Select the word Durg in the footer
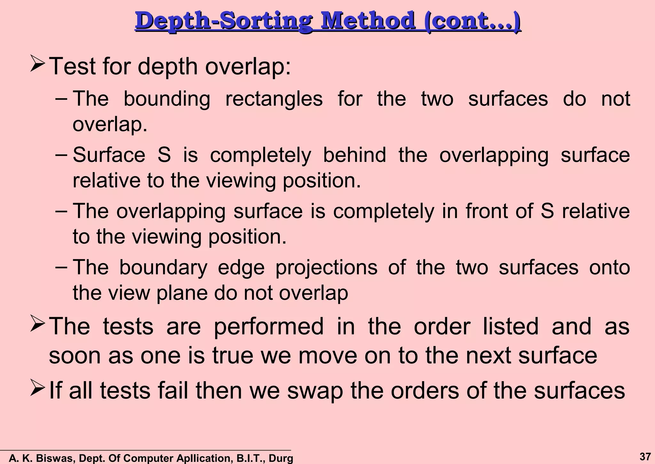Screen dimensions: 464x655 281,458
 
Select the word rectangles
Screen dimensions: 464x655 274,99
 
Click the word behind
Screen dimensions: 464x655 354,155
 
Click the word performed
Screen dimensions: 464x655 269,327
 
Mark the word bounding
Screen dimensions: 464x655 167,99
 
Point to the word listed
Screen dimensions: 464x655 510,326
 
